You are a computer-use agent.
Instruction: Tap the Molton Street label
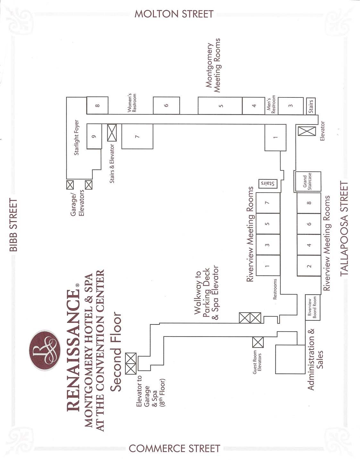coord(174,14)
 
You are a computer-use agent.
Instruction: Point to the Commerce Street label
coord(174,448)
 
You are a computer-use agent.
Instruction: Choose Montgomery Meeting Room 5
coord(220,106)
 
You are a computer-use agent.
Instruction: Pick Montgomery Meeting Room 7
coord(137,136)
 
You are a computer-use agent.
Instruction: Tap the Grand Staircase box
coord(308,182)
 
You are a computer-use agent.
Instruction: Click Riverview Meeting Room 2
coord(309,266)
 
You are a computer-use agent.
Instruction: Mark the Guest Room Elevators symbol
coord(258,342)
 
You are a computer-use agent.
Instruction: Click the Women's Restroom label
coord(132,103)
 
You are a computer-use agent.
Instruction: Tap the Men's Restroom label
coord(271,104)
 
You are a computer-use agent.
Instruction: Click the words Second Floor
coord(116,351)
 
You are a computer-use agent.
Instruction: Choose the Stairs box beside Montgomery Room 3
coord(311,105)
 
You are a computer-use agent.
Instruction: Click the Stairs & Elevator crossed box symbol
coord(112,133)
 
